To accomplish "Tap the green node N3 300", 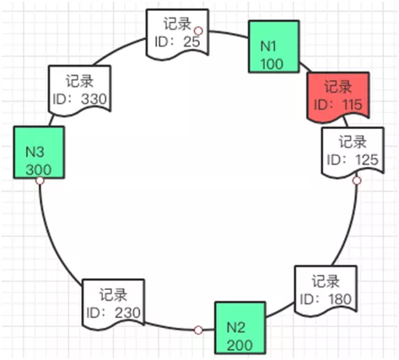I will click(39, 153).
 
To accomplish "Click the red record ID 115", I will click(337, 96).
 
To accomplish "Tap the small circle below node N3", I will click(40, 180).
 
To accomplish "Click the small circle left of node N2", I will click(197, 330).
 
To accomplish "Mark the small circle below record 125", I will click(356, 180).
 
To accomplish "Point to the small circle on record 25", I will click(197, 30).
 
